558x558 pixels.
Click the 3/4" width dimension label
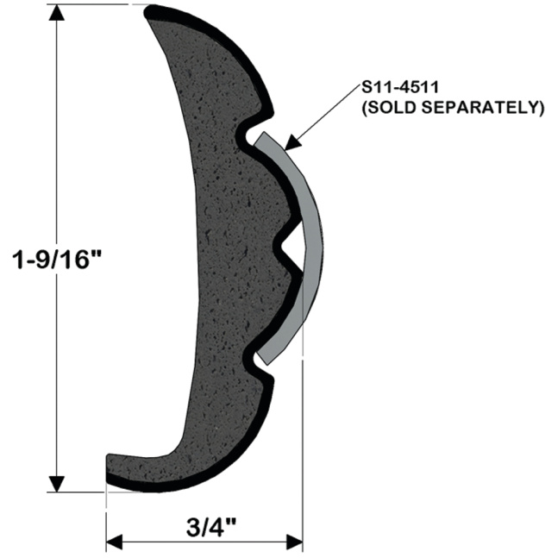211,527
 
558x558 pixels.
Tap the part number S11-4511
400,88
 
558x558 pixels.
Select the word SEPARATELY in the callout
492,108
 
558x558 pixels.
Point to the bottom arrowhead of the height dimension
56,484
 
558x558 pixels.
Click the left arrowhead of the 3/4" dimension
114,542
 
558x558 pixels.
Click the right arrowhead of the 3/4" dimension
295,542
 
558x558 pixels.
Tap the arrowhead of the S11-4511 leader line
293,142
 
